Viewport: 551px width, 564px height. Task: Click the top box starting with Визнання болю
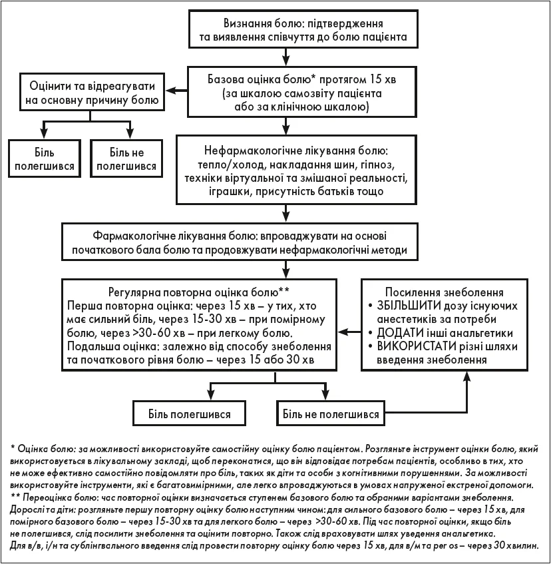303,29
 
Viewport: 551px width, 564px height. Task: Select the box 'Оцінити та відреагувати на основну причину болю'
92,92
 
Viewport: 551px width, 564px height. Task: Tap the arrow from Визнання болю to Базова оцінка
285,57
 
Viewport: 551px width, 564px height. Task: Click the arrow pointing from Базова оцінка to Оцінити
176,91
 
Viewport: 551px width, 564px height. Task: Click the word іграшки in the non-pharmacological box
230,191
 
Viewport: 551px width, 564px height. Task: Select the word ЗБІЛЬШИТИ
409,306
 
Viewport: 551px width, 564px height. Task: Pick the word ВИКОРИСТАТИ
416,346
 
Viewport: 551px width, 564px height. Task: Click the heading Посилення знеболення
445,292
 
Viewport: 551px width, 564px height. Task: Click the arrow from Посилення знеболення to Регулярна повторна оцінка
349,332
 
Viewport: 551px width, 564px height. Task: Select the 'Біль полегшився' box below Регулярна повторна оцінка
190,414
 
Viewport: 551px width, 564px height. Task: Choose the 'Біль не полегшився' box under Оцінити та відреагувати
126,159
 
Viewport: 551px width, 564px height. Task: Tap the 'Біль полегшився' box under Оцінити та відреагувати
45,159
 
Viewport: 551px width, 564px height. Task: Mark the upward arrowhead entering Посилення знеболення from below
467,376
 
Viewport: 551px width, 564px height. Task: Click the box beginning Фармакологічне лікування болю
240,242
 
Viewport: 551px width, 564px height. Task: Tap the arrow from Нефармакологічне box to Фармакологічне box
285,214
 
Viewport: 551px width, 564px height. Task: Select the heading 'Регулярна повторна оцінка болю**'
199,292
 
